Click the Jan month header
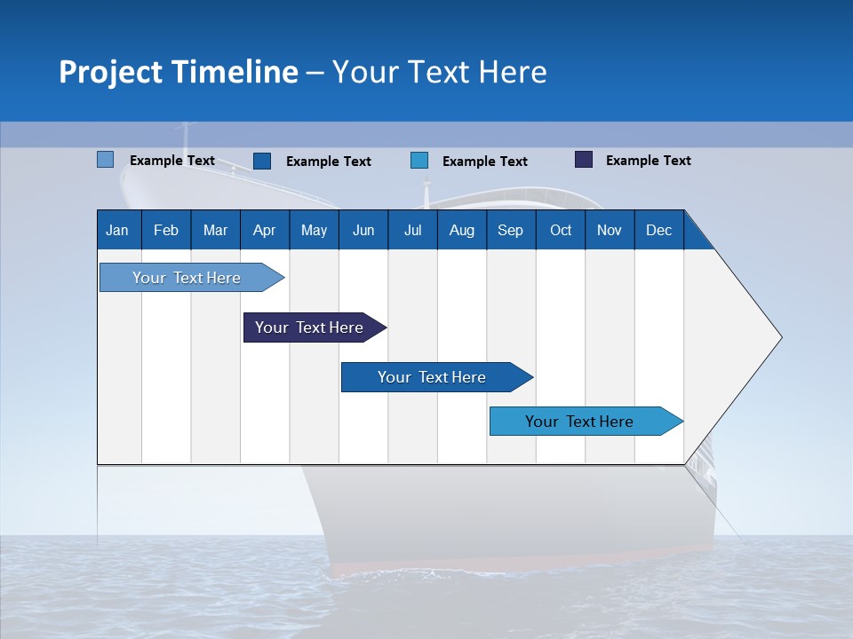[x=118, y=230]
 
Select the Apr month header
[x=264, y=230]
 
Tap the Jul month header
[x=412, y=230]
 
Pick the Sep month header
[x=510, y=230]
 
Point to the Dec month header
[x=658, y=230]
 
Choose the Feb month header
[x=166, y=230]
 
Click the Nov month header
[x=609, y=230]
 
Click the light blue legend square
[x=105, y=160]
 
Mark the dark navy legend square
[x=584, y=160]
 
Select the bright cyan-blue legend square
[x=419, y=161]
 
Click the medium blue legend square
[x=262, y=161]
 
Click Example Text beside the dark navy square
[x=648, y=161]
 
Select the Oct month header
[x=561, y=230]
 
